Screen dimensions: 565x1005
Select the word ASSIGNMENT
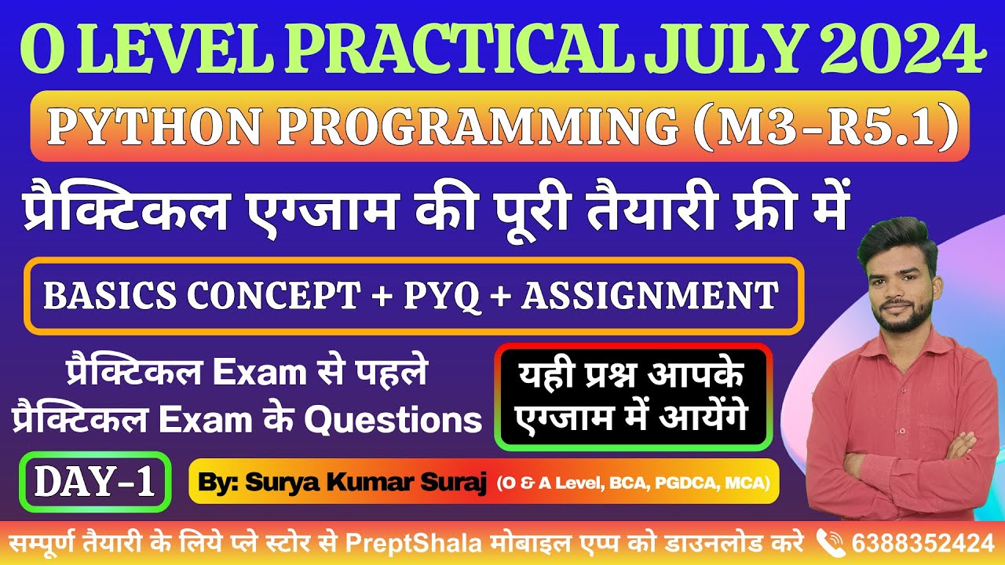[650, 296]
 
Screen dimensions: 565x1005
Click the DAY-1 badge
[94, 482]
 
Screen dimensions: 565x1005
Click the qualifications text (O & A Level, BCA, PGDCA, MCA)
[631, 482]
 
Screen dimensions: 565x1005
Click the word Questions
[393, 421]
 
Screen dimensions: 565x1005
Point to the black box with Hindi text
[633, 397]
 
